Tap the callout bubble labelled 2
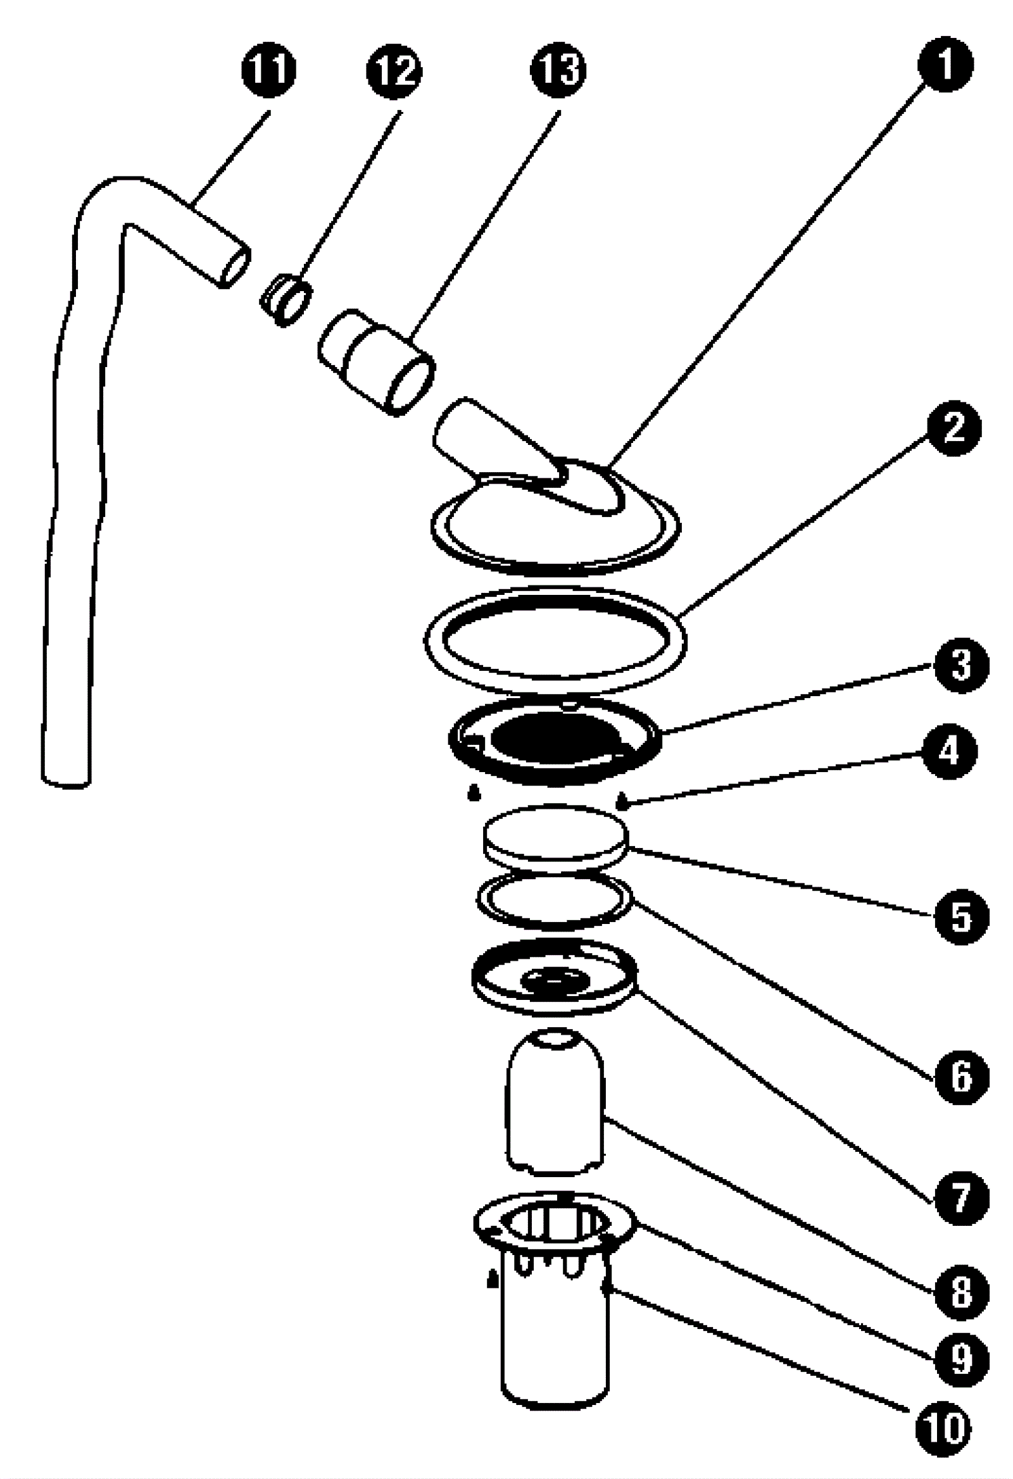tap(953, 428)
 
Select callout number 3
tap(961, 665)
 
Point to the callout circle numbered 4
tap(949, 752)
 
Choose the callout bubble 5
tap(962, 917)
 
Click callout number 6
tap(962, 1076)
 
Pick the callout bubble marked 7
tap(962, 1197)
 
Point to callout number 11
tap(268, 69)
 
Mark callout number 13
tap(558, 69)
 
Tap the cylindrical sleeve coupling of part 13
tap(375, 360)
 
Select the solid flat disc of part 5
tap(555, 835)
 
